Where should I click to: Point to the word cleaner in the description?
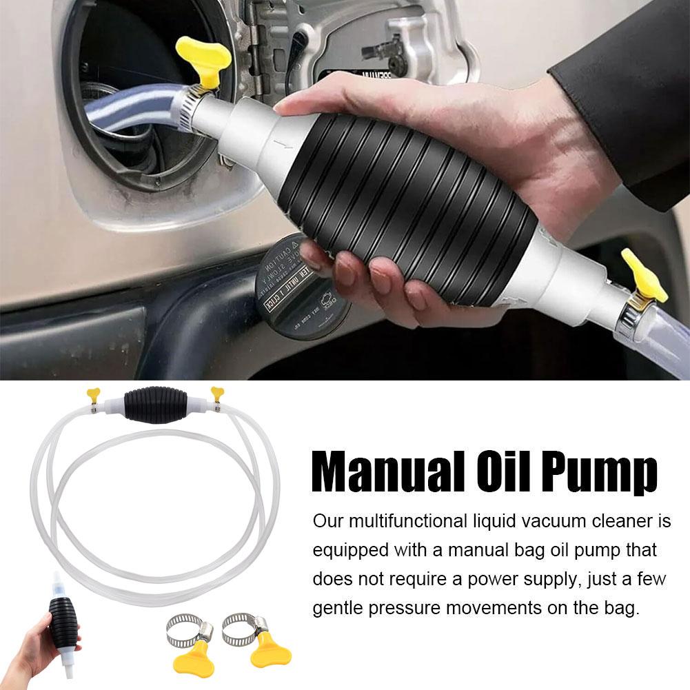click(609, 520)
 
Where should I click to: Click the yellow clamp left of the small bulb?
click(94, 396)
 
